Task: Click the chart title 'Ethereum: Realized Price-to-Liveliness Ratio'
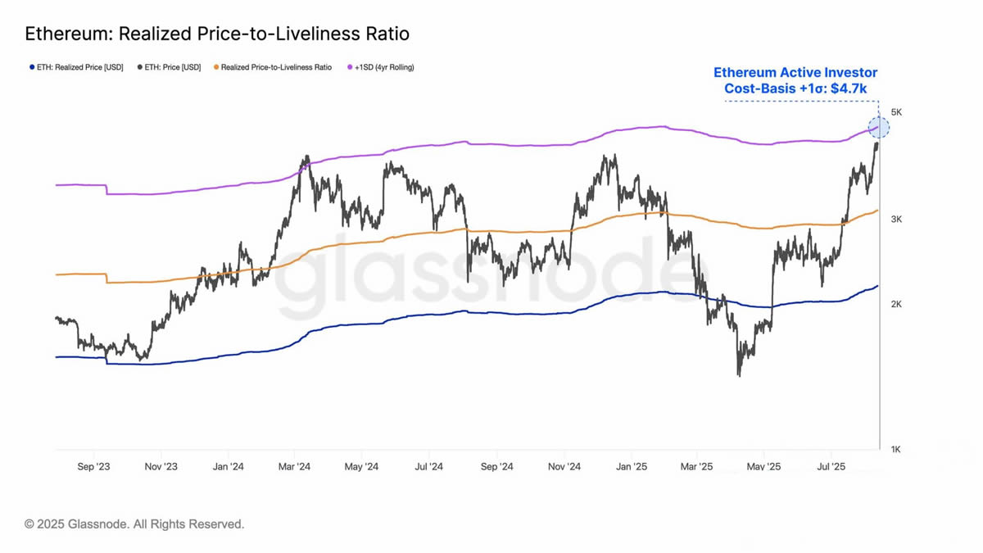pyautogui.click(x=217, y=34)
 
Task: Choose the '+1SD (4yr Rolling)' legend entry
pyautogui.click(x=384, y=67)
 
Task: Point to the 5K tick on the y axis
pyautogui.click(x=896, y=112)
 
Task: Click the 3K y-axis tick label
pyautogui.click(x=896, y=220)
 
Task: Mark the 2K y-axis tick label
pyautogui.click(x=896, y=305)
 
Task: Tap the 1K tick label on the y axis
pyautogui.click(x=896, y=449)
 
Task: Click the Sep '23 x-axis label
pyautogui.click(x=93, y=467)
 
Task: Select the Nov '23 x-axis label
pyautogui.click(x=161, y=467)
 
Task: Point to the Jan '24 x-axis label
pyautogui.click(x=228, y=467)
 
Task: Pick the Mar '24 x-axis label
pyautogui.click(x=294, y=467)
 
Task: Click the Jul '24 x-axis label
pyautogui.click(x=428, y=467)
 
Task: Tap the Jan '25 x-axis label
pyautogui.click(x=631, y=467)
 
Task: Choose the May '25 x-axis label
pyautogui.click(x=763, y=467)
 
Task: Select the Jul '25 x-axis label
pyautogui.click(x=831, y=467)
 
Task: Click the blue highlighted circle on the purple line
pyautogui.click(x=878, y=128)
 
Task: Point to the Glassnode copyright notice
pyautogui.click(x=134, y=524)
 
